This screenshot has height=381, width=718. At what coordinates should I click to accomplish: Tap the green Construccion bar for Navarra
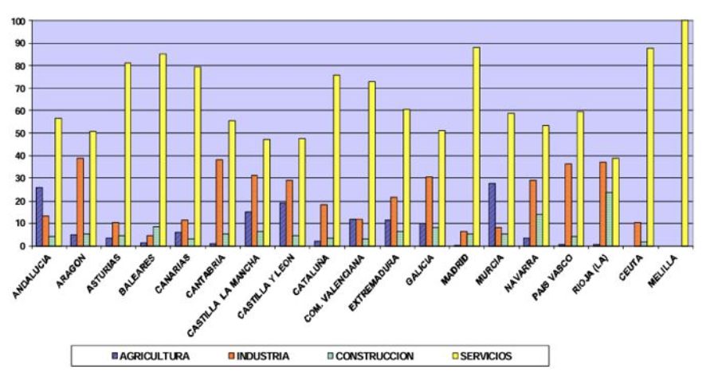coord(539,230)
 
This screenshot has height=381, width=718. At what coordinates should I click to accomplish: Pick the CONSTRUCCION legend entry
coord(373,355)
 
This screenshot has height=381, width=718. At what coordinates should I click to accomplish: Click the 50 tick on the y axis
coord(18,133)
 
